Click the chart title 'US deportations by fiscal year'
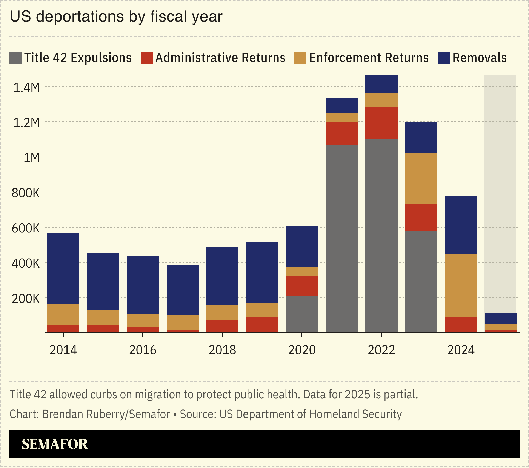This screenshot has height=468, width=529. coord(116,17)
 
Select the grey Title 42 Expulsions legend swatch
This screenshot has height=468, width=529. coord(15,58)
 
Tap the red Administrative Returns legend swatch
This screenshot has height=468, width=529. coord(147,58)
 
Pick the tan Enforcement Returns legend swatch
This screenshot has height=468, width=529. coord(300,58)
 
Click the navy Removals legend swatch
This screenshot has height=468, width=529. coord(444,58)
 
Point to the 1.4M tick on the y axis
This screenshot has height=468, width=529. coord(26,88)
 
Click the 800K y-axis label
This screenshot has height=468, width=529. coord(26,193)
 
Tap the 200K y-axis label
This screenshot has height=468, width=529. coord(26,299)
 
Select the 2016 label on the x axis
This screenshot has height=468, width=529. coord(143,350)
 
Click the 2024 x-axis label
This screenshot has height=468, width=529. coord(461,350)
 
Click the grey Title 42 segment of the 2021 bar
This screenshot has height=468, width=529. coord(342,238)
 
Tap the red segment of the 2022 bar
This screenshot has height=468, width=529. coord(381,123)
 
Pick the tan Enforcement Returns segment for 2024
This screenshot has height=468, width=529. coord(461,285)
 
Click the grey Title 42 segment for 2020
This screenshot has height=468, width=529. coord(302,314)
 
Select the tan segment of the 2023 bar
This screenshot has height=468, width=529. coord(421,178)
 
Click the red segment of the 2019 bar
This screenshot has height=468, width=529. coord(262,325)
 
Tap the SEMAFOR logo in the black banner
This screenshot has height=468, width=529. coord(55,444)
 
